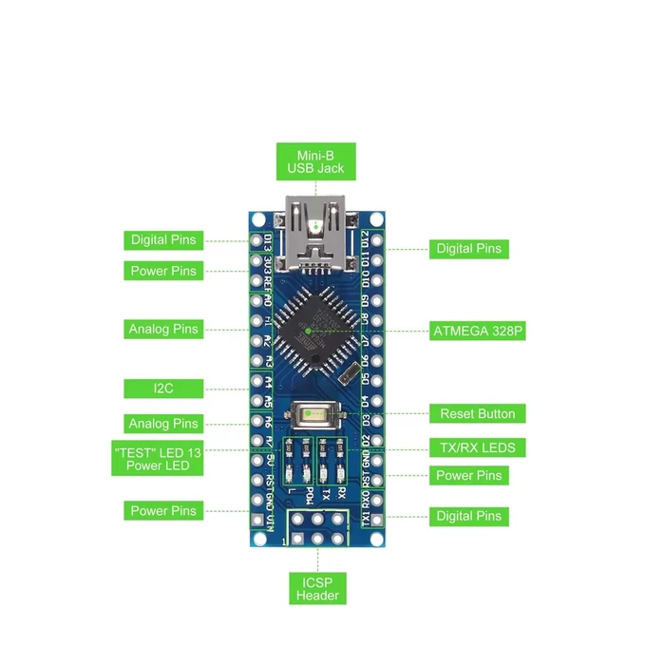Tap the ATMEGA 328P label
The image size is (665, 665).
tap(478, 331)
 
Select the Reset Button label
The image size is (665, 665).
tap(477, 413)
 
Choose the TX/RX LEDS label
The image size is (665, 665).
tap(477, 446)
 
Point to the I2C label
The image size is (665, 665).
tap(163, 388)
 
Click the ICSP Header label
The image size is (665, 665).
tap(316, 588)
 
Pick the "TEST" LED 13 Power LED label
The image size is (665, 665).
tap(163, 458)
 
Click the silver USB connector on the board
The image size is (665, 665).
tap(315, 236)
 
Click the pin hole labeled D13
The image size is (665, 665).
tap(256, 239)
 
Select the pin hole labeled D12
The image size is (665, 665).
tap(378, 239)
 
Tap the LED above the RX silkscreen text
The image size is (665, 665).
tap(340, 474)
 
